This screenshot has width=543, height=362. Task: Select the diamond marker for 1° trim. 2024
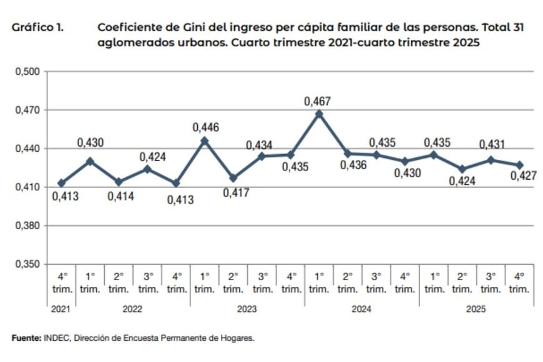pyautogui.click(x=319, y=114)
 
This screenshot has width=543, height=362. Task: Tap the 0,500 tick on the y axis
pyautogui.click(x=27, y=72)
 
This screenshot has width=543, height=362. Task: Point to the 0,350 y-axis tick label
pyautogui.click(x=27, y=265)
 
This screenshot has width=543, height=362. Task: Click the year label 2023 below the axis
pyautogui.click(x=247, y=309)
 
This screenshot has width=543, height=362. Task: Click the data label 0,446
pyautogui.click(x=205, y=127)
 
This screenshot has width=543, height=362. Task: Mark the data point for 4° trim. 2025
pyautogui.click(x=519, y=165)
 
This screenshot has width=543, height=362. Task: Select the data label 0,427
pyautogui.click(x=523, y=176)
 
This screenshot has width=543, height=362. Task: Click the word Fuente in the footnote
pyautogui.click(x=26, y=338)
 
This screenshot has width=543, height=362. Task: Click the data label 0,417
pyautogui.click(x=236, y=193)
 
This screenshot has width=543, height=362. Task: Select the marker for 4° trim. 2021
pyautogui.click(x=61, y=183)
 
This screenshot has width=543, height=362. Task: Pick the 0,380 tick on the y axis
pyautogui.click(x=27, y=226)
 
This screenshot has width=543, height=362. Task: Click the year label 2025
pyautogui.click(x=476, y=309)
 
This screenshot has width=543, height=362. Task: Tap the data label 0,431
pyautogui.click(x=491, y=145)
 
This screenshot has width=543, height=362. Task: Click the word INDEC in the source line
pyautogui.click(x=56, y=338)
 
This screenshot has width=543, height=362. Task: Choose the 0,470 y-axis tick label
pyautogui.click(x=27, y=110)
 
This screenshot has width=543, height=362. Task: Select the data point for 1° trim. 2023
pyautogui.click(x=204, y=140)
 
